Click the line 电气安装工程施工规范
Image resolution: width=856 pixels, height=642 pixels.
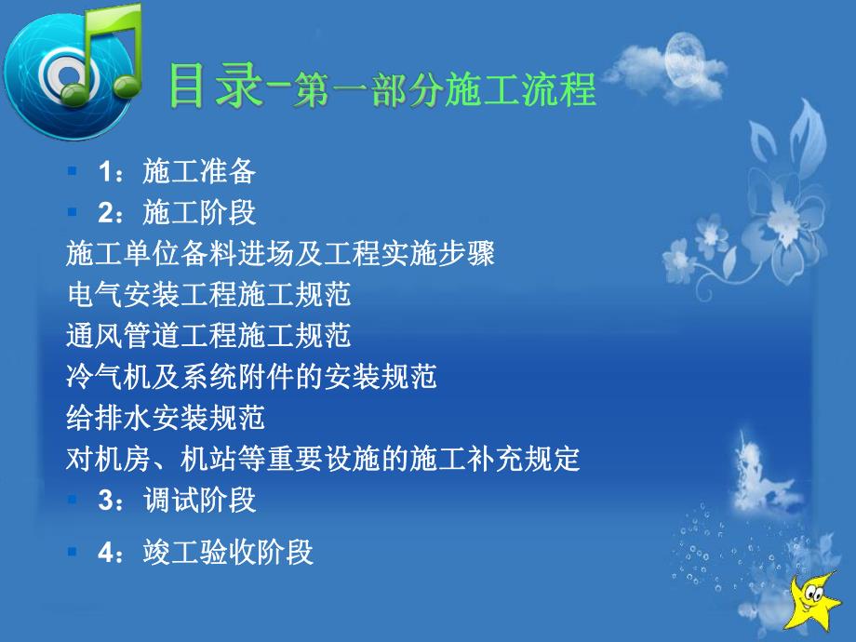[209, 295]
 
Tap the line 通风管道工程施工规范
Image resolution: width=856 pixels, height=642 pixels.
[209, 336]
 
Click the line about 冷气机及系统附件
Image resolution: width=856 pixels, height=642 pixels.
[252, 377]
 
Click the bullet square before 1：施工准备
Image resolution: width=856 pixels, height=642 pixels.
[73, 172]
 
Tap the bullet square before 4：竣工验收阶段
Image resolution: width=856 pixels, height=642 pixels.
[73, 553]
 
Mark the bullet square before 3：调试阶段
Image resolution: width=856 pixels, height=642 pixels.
[73, 500]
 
